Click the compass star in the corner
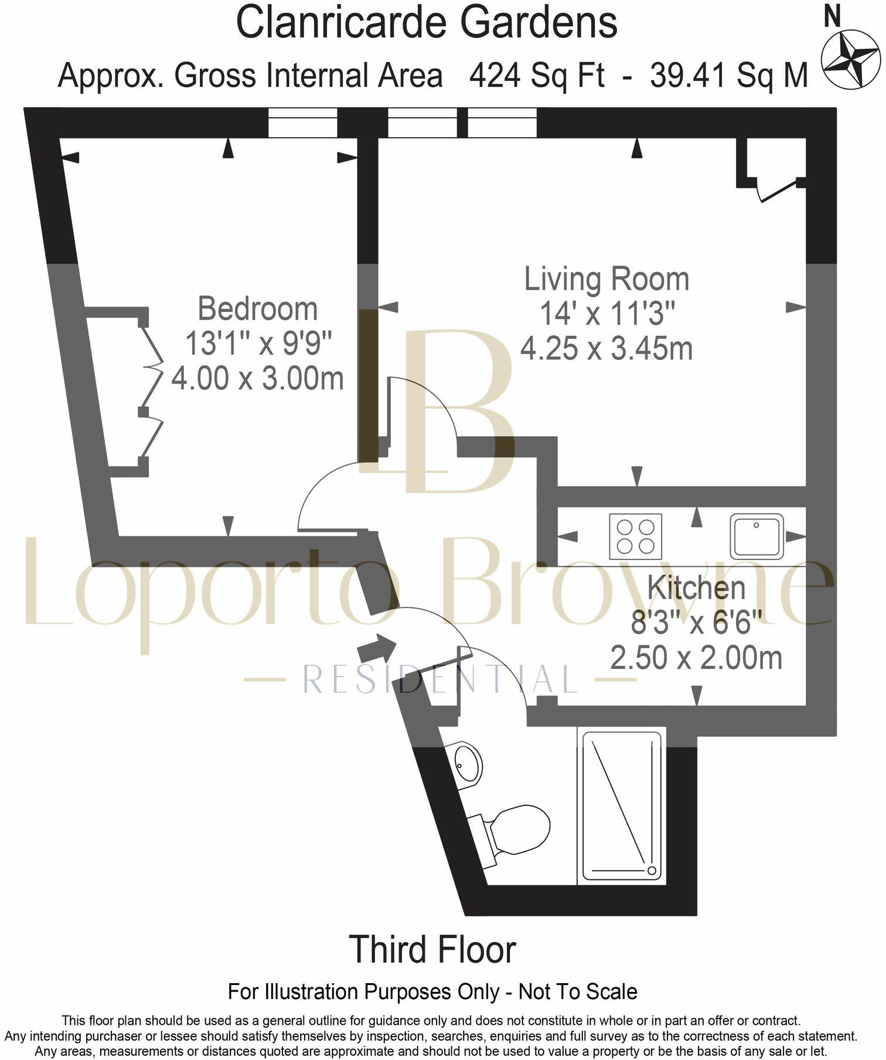[850, 60]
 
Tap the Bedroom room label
[257, 309]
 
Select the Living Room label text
[606, 280]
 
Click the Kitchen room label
[696, 588]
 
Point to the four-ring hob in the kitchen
[636, 536]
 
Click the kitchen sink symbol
[757, 536]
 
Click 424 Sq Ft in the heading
[536, 76]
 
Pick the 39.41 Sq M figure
[729, 76]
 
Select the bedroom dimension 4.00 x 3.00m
[257, 378]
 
